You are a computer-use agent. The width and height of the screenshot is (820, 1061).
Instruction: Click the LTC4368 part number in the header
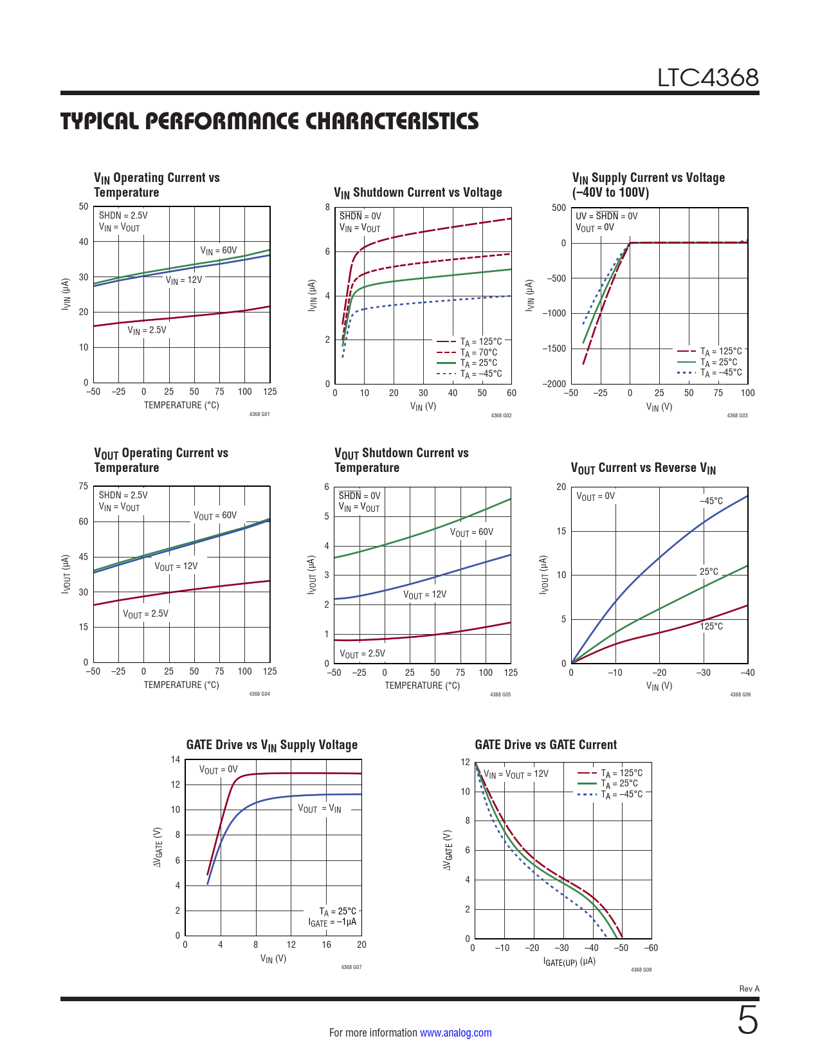click(707, 78)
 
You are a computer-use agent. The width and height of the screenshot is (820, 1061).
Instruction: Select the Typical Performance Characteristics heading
click(269, 121)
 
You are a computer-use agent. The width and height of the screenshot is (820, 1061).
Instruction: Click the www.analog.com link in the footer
click(455, 1033)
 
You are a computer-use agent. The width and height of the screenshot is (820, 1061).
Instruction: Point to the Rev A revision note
click(749, 988)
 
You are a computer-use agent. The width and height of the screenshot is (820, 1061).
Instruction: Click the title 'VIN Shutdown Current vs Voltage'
click(417, 192)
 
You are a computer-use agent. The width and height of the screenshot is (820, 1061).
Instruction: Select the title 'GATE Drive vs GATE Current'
click(545, 745)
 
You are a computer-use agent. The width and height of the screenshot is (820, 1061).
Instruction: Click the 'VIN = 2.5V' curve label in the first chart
click(147, 331)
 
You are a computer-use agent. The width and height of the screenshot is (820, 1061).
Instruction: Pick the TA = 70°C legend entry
click(478, 352)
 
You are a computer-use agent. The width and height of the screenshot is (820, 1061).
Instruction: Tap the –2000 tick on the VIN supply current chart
click(554, 384)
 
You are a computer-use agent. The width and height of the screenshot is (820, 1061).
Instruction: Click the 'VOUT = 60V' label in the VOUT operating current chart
click(215, 516)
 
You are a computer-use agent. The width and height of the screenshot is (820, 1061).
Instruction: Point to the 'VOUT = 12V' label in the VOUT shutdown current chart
click(424, 595)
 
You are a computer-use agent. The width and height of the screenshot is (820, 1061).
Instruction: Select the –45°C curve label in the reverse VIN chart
click(711, 501)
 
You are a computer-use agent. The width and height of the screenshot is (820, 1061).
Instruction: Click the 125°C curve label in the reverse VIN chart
click(711, 626)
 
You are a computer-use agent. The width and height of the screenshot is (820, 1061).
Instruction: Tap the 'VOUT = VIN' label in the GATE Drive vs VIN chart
click(320, 809)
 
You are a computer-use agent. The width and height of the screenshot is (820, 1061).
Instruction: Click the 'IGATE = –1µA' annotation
click(332, 923)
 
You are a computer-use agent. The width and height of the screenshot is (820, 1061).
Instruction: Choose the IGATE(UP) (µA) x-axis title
click(569, 961)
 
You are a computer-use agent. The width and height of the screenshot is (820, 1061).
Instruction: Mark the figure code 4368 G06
click(740, 694)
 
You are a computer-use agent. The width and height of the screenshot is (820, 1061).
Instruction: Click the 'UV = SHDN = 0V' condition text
click(606, 216)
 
